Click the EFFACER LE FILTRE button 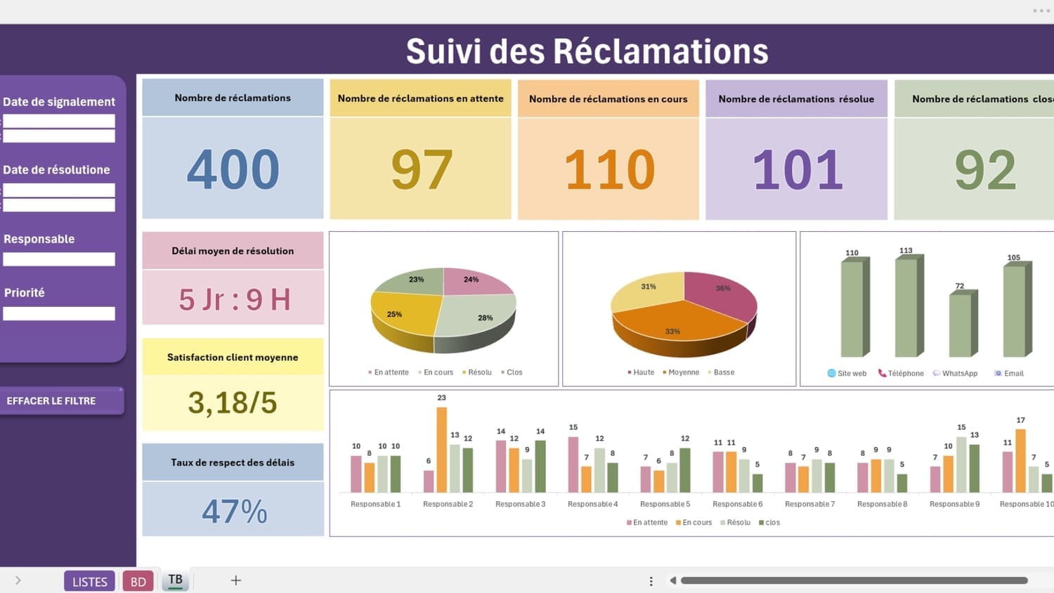tap(60, 401)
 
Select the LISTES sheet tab tap(89, 581)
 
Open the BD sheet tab tap(138, 581)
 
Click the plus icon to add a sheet tap(236, 580)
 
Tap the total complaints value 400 tap(233, 169)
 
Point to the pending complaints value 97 tap(421, 169)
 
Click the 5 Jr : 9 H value tap(234, 299)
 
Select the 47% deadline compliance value tap(234, 511)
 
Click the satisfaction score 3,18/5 tap(233, 403)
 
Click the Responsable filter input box tap(59, 259)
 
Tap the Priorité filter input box tap(59, 313)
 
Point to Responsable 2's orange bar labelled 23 tap(442, 450)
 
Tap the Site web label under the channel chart tap(851, 374)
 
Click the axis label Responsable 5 tap(665, 504)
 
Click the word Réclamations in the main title tap(661, 51)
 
